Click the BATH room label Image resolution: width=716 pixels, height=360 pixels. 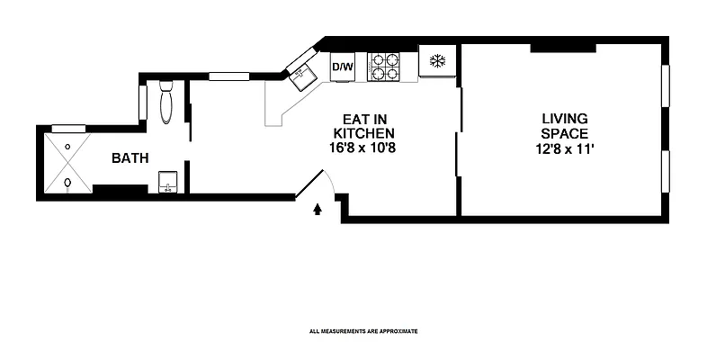pos(130,158)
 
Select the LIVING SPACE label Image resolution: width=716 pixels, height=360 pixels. pos(564,126)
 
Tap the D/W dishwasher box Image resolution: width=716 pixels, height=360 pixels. pos(342,67)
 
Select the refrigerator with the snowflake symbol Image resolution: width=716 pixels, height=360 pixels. pos(437,62)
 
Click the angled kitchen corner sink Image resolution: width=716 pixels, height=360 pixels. pos(300,75)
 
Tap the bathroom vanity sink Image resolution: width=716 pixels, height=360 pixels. pos(167,183)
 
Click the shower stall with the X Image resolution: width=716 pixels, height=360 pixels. pos(67,164)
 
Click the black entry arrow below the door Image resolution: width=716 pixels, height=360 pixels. pos(317,210)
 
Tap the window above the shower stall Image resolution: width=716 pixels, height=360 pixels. pos(68,129)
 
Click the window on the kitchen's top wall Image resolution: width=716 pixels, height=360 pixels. pos(228,76)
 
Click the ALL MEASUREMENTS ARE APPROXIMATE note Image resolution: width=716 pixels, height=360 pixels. pos(363,331)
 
